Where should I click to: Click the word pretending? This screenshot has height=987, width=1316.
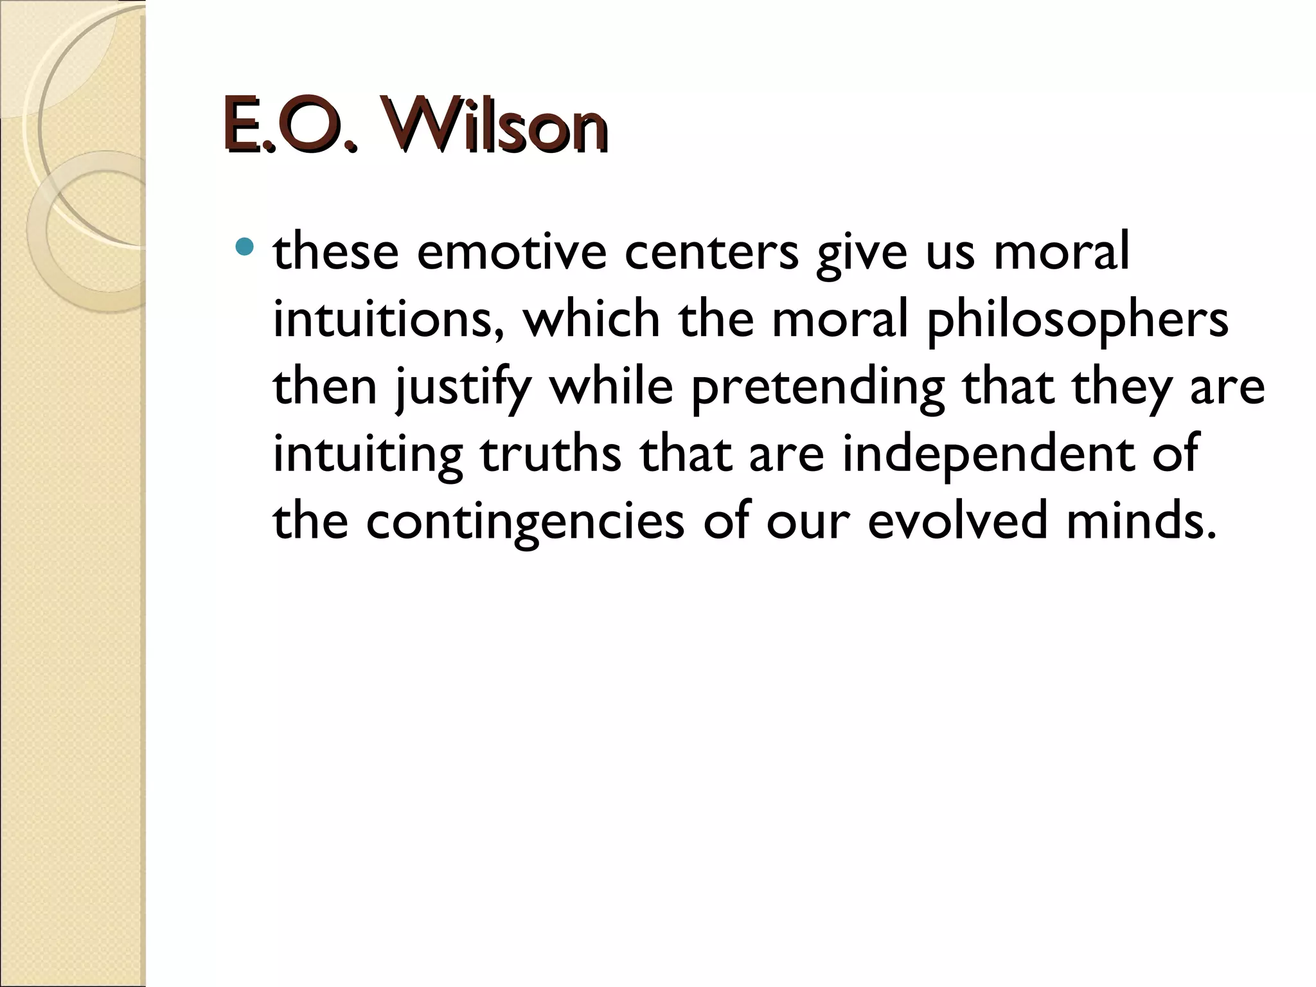pos(817,388)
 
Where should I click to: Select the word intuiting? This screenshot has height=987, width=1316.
pos(368,455)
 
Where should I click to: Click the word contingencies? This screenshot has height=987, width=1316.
pos(526,522)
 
